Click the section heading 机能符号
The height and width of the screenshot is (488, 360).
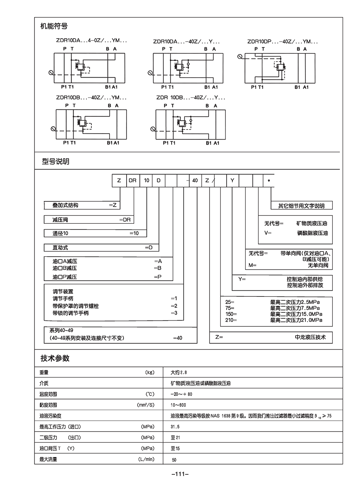54,27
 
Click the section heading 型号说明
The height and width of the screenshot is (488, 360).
55,162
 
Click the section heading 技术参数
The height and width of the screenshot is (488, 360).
55,358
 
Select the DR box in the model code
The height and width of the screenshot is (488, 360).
132,181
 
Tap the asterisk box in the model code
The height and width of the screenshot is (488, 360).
269,181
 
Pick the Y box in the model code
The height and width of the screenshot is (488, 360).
232,181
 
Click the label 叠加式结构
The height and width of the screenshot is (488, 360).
66,205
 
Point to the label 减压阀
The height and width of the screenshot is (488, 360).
60,220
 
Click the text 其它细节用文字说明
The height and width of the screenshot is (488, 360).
301,206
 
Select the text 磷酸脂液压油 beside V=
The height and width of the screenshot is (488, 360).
312,233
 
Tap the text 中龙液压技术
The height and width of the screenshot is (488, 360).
310,337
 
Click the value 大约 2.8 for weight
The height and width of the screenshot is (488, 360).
179,373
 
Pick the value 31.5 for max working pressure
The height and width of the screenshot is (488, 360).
175,427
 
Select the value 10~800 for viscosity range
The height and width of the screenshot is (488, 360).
178,405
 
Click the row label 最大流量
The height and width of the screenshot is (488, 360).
48,459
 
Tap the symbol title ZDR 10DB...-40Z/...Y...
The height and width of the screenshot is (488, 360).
191,98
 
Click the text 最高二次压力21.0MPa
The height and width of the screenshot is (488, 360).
296,320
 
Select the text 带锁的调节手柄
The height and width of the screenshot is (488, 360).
71,313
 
